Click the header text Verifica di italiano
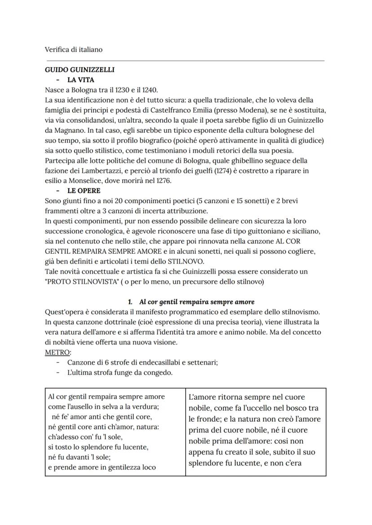pos(74,49)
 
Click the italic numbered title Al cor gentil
pos(194,302)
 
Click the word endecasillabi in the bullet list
pos(151,362)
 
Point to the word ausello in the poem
pos(78,407)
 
